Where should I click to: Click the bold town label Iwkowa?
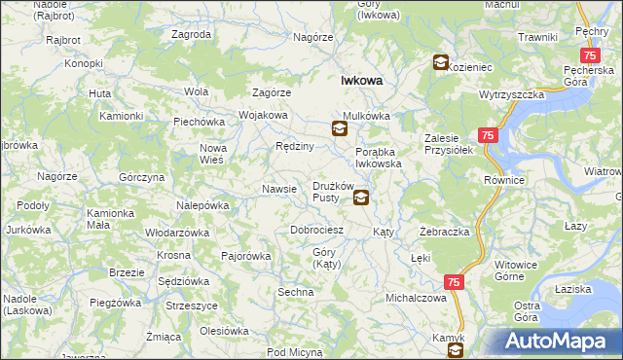360,82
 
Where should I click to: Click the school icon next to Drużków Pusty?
361,198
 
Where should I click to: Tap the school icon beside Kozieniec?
440,63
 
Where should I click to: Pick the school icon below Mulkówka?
339,127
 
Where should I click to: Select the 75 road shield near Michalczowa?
454,281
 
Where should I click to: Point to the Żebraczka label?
445,233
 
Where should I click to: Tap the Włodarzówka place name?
177,234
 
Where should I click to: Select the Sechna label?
295,292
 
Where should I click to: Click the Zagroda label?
191,34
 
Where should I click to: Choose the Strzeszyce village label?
191,306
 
